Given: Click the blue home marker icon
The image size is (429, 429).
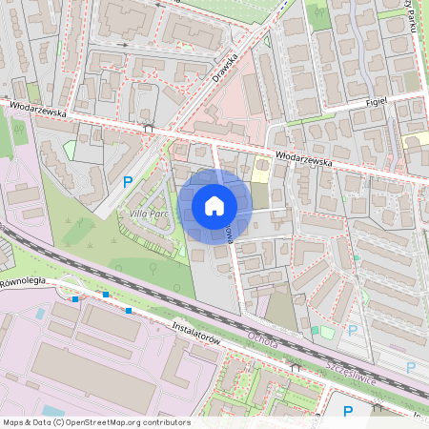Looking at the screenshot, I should point(214,206).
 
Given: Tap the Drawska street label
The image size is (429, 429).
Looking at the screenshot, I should point(224,67).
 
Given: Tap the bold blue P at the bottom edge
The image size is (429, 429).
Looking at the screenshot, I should point(348,411).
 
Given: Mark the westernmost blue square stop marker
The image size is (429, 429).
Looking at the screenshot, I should point(74,298).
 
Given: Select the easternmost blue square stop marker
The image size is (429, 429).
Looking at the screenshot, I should point(128,310).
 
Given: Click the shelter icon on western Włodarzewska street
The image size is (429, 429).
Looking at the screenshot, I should point(148,127).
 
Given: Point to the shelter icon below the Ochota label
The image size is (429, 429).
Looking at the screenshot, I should point(295,365).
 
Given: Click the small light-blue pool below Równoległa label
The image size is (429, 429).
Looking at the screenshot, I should point(39,313).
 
